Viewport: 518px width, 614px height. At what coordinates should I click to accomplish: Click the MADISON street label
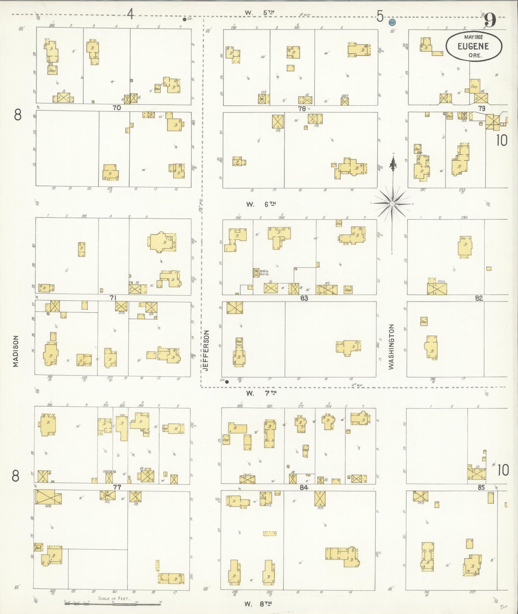(x=15, y=351)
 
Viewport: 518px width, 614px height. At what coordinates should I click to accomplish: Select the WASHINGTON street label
(x=391, y=346)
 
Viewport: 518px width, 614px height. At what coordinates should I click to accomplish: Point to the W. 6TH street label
(x=261, y=204)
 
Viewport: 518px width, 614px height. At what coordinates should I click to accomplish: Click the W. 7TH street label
(x=261, y=393)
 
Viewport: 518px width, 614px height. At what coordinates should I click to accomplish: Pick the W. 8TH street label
(x=258, y=604)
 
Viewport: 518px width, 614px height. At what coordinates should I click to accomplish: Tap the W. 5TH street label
(x=260, y=13)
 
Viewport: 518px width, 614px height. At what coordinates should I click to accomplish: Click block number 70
(x=117, y=107)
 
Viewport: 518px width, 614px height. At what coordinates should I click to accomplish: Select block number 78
(x=301, y=109)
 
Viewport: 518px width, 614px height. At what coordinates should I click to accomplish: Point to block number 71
(x=113, y=298)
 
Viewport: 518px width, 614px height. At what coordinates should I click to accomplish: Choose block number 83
(x=304, y=298)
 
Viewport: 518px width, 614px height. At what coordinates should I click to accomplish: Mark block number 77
(x=117, y=487)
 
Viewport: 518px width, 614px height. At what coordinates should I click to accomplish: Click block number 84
(x=304, y=487)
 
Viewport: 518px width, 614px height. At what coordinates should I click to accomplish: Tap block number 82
(x=479, y=298)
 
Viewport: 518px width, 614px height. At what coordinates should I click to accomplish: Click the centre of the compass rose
(x=393, y=203)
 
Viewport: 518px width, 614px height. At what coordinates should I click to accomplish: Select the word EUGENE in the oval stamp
(x=473, y=46)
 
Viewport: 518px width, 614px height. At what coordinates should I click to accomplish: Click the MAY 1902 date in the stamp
(x=473, y=37)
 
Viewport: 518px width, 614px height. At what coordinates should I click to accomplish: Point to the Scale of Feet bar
(x=114, y=603)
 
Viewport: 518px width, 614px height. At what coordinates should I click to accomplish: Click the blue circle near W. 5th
(x=392, y=22)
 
